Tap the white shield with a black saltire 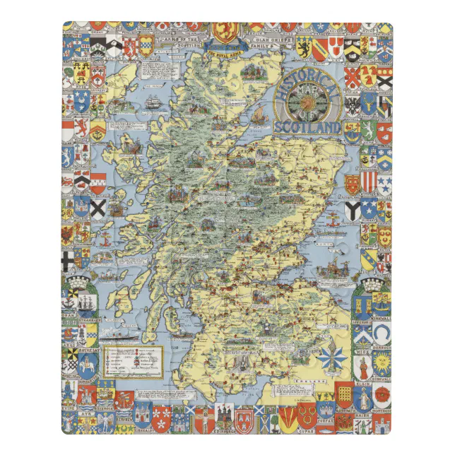(98, 208)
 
